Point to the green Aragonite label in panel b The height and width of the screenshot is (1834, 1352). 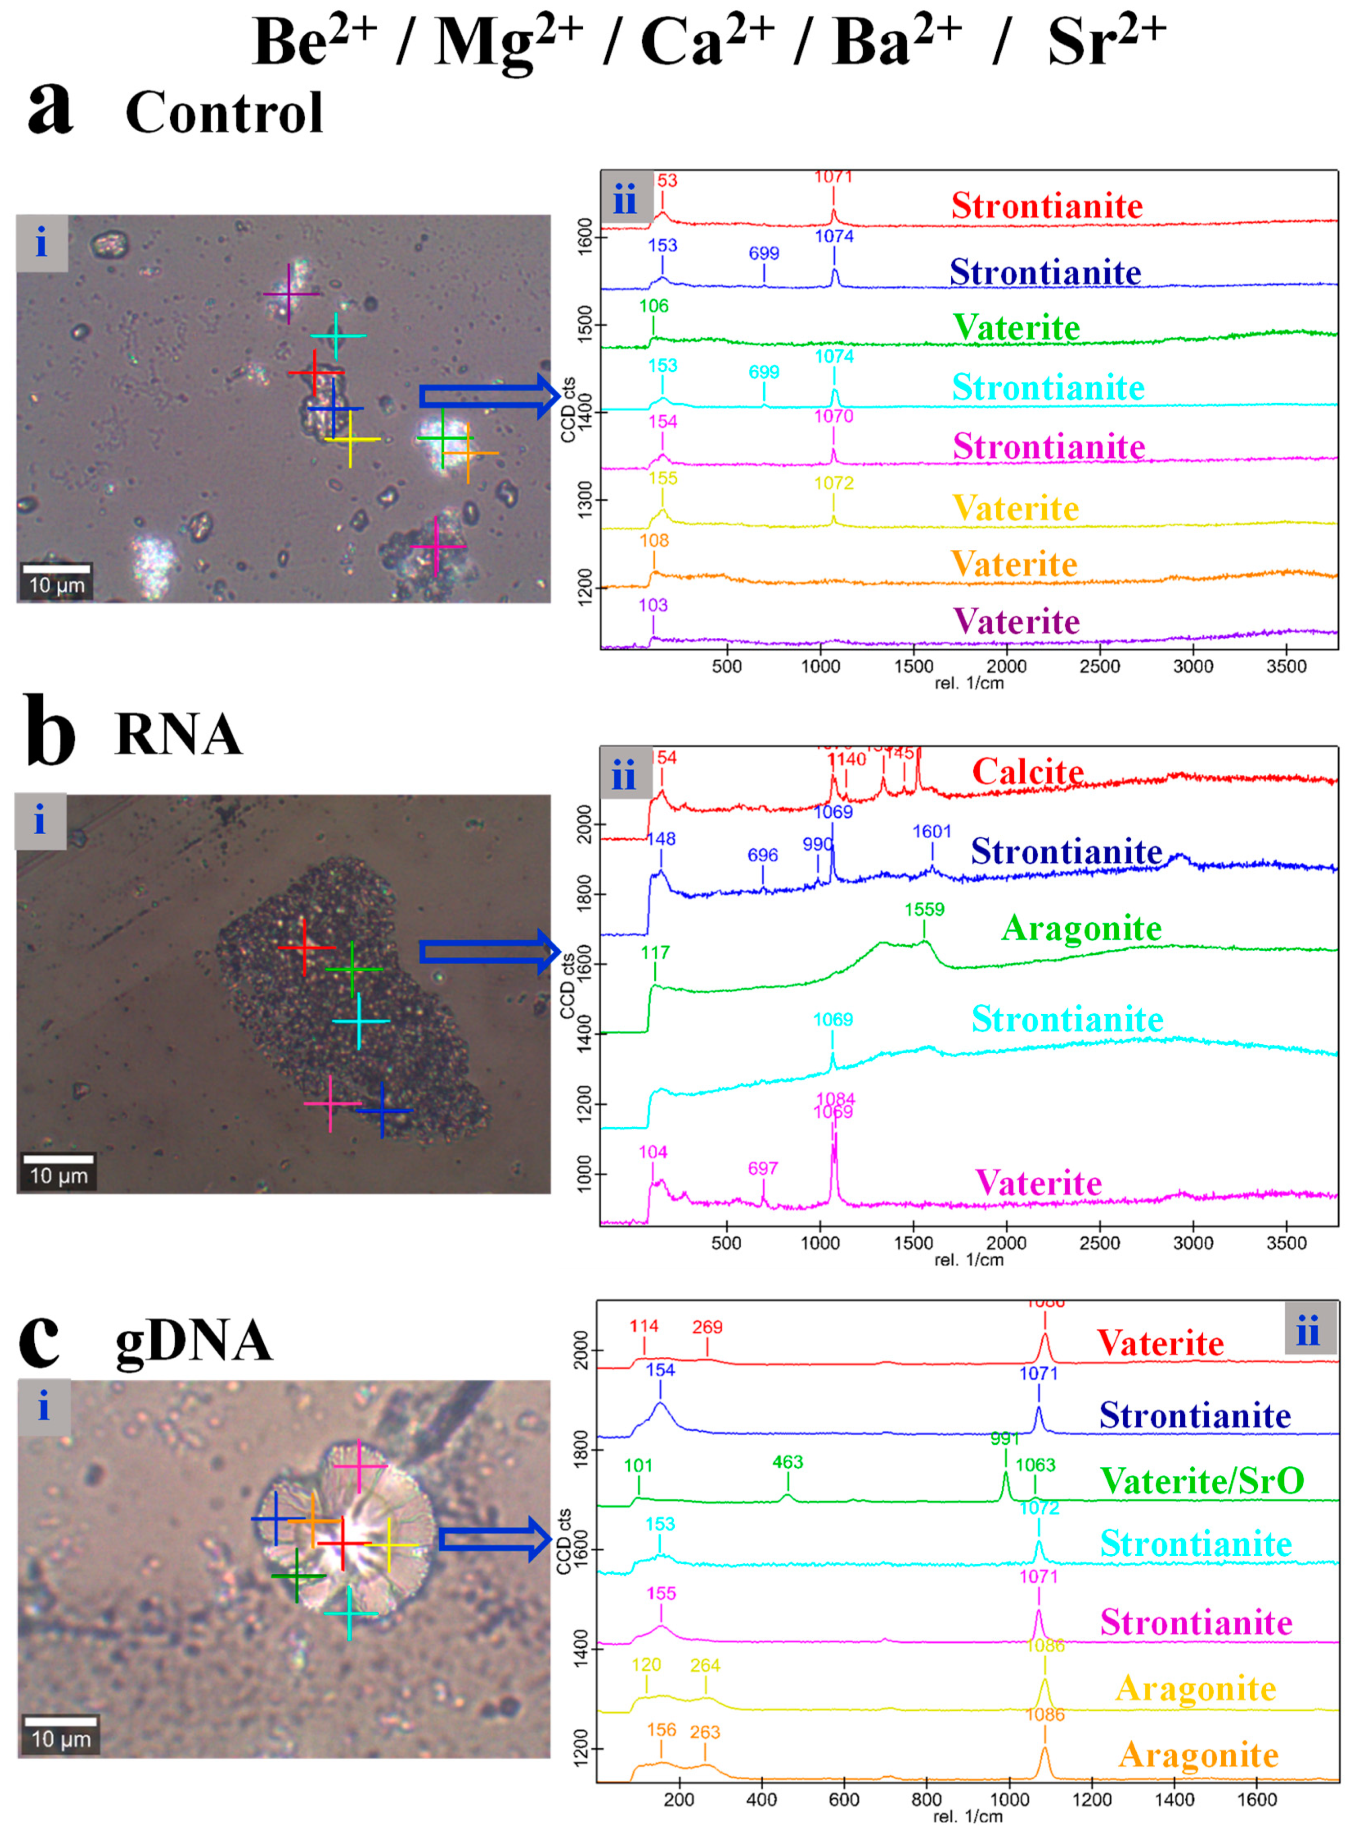pyautogui.click(x=1081, y=928)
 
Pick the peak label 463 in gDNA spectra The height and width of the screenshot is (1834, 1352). pyautogui.click(x=788, y=1462)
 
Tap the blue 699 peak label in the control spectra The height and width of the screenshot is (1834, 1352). pyautogui.click(x=764, y=254)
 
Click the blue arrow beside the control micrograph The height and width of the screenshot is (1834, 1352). pyautogui.click(x=489, y=396)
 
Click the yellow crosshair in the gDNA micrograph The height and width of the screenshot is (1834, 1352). pyautogui.click(x=389, y=1544)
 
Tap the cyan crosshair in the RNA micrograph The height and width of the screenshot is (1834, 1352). pyautogui.click(x=360, y=1021)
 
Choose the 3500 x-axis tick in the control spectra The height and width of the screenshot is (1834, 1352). pyautogui.click(x=1286, y=666)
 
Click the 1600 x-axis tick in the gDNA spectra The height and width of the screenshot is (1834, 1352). pyautogui.click(x=1256, y=1799)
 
